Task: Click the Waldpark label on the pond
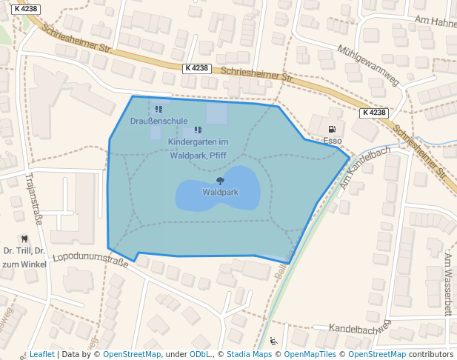coord(220,193)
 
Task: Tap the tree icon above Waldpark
coord(220,181)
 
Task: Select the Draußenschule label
coord(159,121)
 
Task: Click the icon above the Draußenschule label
coord(159,110)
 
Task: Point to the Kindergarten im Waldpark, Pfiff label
coord(197,148)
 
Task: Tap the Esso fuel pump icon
coord(332,129)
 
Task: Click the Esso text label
coord(333,140)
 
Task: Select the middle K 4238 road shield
coord(197,68)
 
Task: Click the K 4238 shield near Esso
coord(375,113)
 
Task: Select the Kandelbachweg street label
coord(359,327)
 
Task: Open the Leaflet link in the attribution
coord(41,354)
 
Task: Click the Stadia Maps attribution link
coord(249,354)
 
